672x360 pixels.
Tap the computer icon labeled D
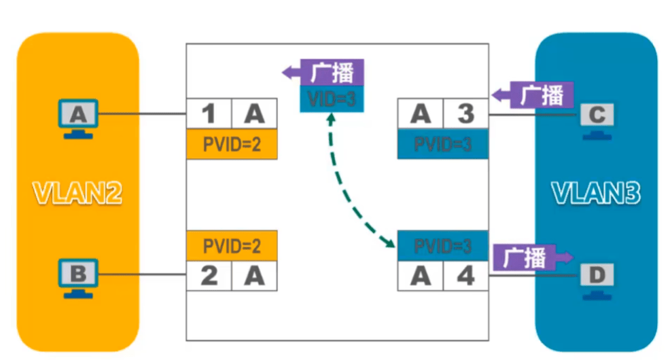click(596, 278)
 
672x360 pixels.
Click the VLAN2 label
click(79, 194)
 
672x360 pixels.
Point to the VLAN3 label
click(595, 194)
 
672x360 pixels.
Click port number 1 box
click(209, 113)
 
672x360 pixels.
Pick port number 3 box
click(465, 113)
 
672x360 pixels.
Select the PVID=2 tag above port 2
click(232, 245)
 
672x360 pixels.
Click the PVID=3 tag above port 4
click(443, 245)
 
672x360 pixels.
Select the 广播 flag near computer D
click(533, 257)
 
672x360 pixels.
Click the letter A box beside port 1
click(255, 113)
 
